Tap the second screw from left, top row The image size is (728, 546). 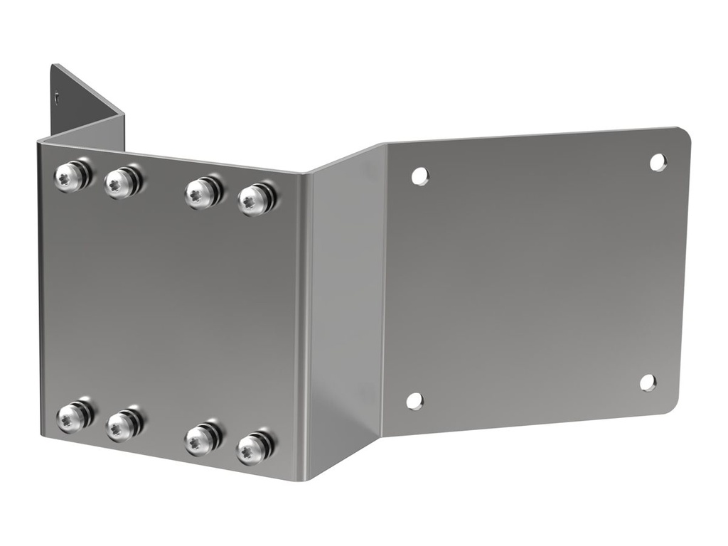click(x=119, y=183)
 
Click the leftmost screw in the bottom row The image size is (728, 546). click(x=70, y=417)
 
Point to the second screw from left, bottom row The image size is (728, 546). click(x=121, y=426)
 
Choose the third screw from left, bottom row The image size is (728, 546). click(x=200, y=439)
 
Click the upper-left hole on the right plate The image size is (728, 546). click(x=420, y=176)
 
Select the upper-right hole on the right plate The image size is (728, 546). click(x=658, y=162)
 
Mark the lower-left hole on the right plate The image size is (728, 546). click(x=414, y=400)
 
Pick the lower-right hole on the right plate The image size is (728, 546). click(x=648, y=382)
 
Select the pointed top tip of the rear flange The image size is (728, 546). click(x=53, y=66)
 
